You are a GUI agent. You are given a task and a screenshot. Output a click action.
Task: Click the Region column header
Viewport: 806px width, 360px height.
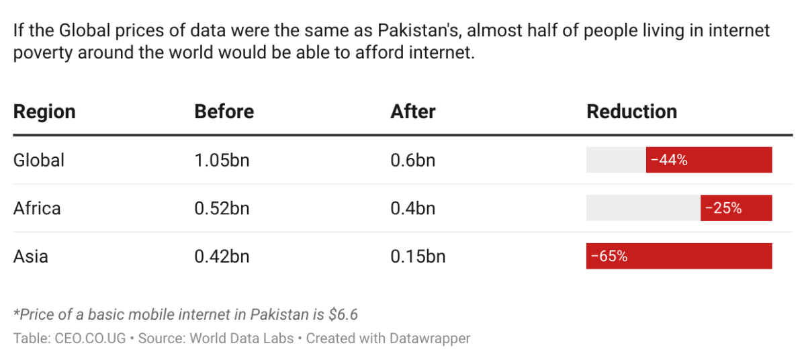(x=44, y=111)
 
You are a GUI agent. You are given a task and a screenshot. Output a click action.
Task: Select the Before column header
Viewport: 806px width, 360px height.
(x=224, y=111)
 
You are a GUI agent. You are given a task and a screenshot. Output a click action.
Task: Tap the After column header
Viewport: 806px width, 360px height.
(x=412, y=111)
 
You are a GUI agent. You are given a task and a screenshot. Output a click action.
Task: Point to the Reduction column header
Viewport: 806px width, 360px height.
(x=631, y=111)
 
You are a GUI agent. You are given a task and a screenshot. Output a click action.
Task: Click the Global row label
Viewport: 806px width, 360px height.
(x=39, y=160)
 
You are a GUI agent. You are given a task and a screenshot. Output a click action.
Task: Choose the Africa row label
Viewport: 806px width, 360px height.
(x=37, y=208)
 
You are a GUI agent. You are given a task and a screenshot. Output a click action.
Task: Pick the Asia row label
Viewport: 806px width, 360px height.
(x=31, y=257)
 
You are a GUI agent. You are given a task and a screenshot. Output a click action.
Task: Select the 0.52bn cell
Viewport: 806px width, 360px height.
(x=222, y=208)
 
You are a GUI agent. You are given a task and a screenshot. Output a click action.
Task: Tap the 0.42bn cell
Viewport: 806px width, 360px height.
(x=222, y=257)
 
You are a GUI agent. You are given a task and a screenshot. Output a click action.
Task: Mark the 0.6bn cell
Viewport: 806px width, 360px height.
(x=412, y=160)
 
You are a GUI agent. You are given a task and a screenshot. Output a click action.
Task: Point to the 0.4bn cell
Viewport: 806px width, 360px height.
(x=412, y=208)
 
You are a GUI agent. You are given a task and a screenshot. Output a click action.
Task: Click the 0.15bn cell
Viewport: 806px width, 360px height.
(x=418, y=257)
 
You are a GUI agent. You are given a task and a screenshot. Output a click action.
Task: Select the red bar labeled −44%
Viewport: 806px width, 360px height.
(x=709, y=160)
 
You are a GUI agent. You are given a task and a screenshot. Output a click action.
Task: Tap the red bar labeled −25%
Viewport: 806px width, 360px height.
(x=736, y=208)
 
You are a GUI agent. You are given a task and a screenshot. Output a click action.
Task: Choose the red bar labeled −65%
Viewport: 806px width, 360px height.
(x=678, y=257)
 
